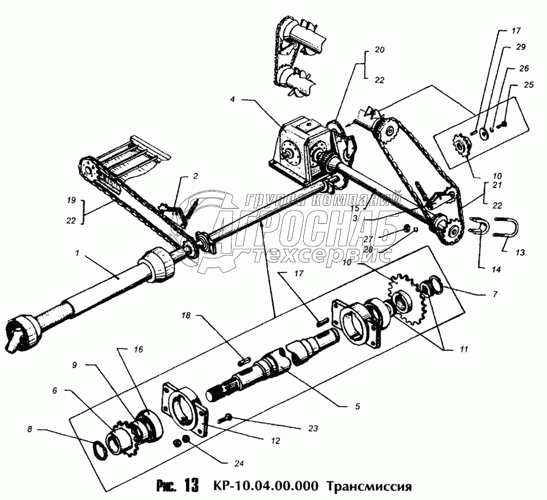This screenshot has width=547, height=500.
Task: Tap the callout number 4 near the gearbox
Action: pos(232,98)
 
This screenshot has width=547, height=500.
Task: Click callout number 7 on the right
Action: pos(495,294)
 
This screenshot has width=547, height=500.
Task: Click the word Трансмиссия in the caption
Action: pos(369,487)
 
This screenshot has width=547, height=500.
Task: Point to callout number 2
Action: pos(196,177)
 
